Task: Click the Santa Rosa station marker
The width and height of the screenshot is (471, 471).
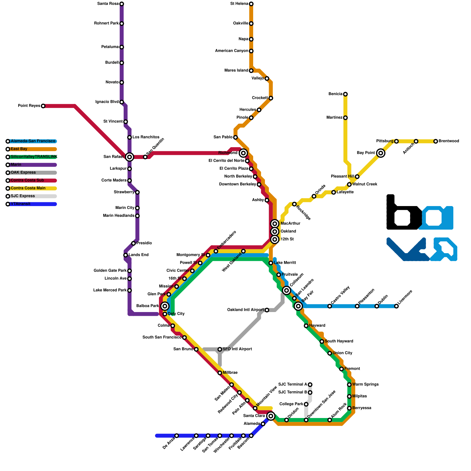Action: [122, 4]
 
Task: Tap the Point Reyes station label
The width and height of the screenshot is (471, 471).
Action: [29, 106]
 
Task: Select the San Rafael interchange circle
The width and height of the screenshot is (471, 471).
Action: [130, 157]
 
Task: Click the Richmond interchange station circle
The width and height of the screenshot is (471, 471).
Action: [243, 153]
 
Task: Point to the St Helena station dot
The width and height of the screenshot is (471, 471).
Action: [251, 4]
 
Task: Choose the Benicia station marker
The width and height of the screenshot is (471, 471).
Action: [345, 94]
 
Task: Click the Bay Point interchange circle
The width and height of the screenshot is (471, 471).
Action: [381, 153]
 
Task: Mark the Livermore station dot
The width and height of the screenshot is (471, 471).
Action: [397, 306]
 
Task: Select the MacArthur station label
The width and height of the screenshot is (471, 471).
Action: [290, 223]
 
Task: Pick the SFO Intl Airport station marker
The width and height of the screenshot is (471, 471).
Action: [220, 349]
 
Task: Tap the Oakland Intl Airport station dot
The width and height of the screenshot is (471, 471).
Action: [267, 310]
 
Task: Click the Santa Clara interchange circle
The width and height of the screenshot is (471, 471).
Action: [271, 416]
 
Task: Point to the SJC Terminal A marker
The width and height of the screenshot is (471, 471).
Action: [310, 384]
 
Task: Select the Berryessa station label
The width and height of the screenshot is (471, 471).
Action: [361, 408]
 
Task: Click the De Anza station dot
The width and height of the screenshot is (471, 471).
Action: [177, 436]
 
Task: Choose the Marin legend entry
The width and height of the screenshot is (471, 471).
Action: [32, 165]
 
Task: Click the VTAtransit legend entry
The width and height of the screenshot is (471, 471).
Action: [32, 204]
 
